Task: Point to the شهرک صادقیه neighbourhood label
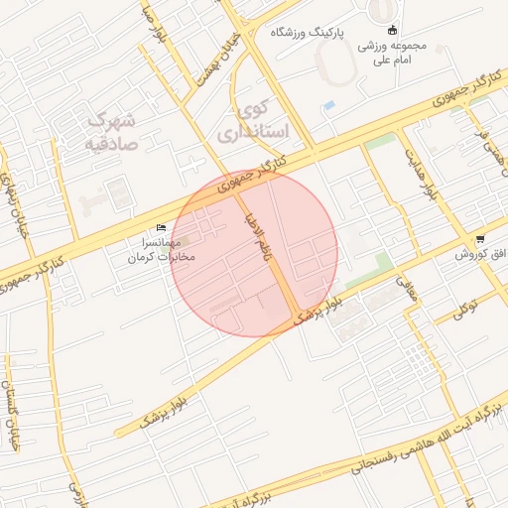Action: point(110,131)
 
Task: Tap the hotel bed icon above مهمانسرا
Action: point(162,228)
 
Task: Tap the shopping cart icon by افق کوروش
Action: point(481,239)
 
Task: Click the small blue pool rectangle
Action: point(329,104)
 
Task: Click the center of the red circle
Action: point(254,254)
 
